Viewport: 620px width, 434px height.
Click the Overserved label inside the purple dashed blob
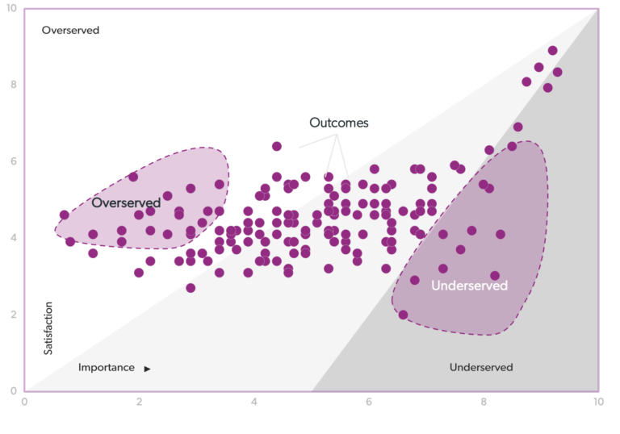point(126,202)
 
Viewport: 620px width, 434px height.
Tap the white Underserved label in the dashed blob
point(469,286)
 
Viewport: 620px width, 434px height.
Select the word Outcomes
point(339,123)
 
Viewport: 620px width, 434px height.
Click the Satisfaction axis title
point(48,328)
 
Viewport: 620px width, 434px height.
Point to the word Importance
point(107,368)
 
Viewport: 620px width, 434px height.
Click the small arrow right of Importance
point(147,369)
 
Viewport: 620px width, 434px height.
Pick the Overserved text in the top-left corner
point(70,31)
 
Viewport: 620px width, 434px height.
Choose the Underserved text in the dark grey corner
point(481,368)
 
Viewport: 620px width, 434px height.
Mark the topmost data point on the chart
point(553,50)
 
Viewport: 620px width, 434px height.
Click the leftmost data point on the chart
point(65,215)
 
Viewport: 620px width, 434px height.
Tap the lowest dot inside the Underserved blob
point(404,315)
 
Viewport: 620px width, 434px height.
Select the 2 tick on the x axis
point(139,402)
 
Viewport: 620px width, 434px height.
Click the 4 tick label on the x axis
point(253,402)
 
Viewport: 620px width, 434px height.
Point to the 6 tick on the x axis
point(369,402)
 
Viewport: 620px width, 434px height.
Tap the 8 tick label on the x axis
point(484,402)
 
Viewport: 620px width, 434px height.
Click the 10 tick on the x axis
point(597,402)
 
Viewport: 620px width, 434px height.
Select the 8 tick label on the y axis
point(14,85)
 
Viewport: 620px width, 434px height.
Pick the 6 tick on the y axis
point(14,161)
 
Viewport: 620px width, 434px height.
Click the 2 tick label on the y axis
point(14,315)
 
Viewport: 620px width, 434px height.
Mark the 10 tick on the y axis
point(12,9)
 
